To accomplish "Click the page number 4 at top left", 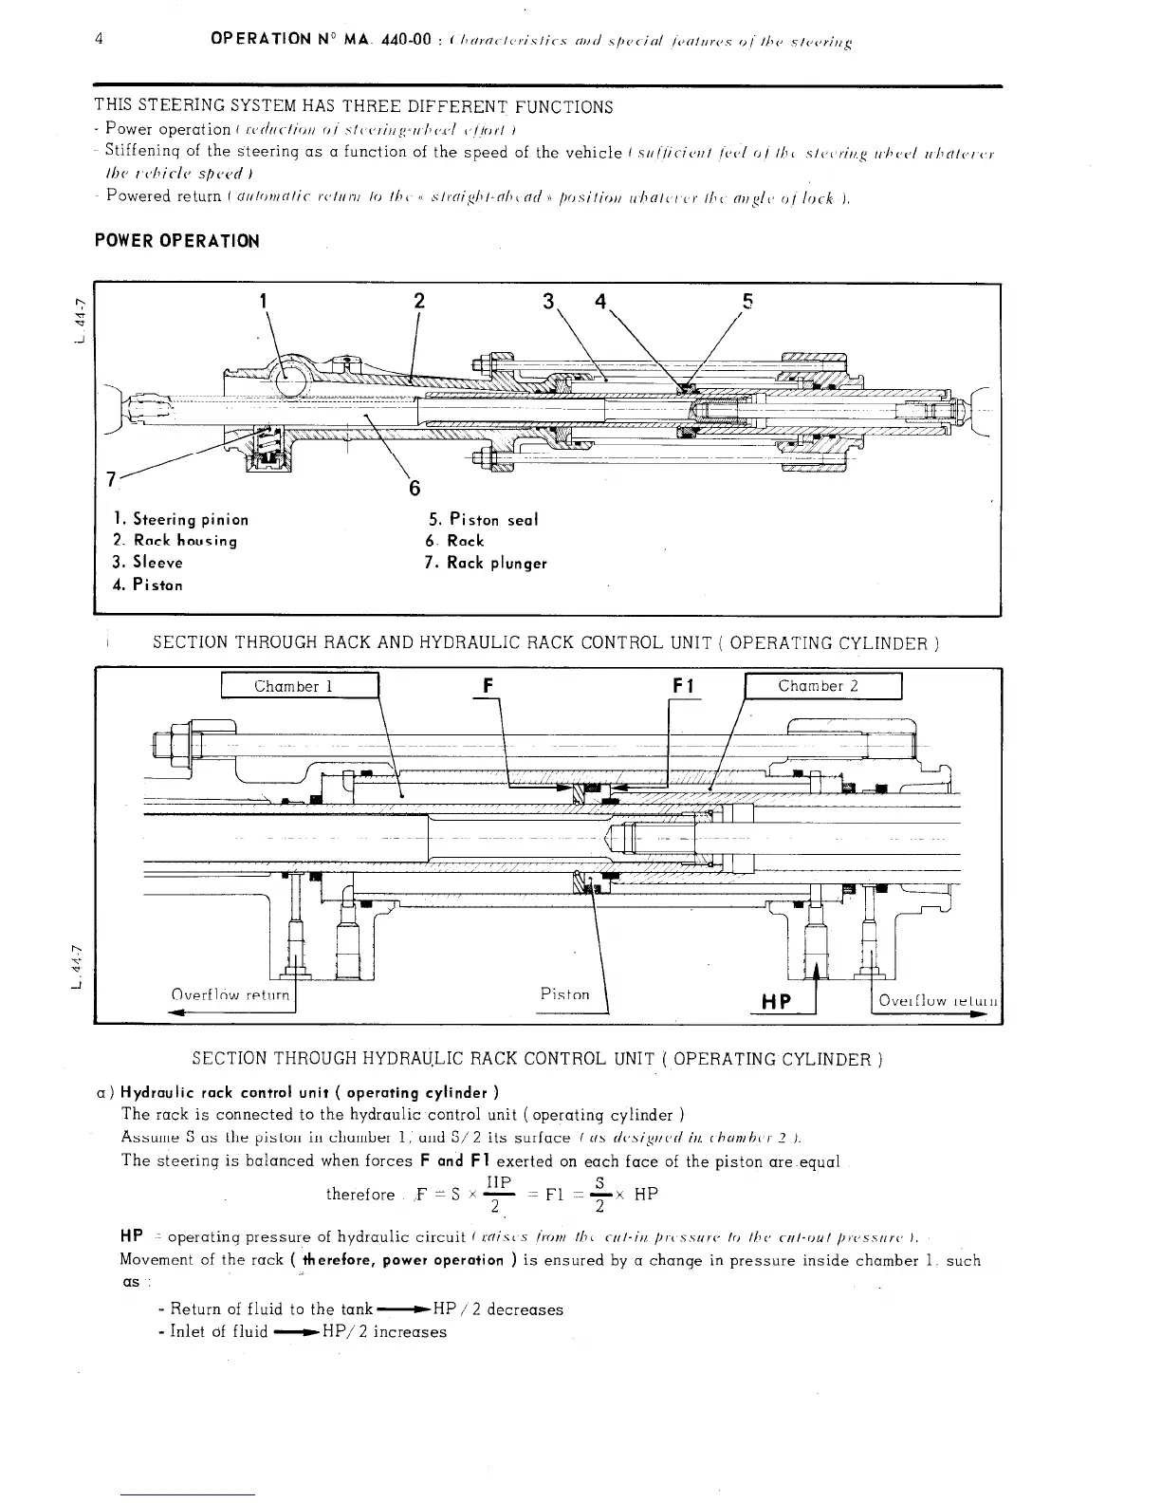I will point(100,40).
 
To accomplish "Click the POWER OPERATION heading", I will point(176,241).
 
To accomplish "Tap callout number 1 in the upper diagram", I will point(263,303).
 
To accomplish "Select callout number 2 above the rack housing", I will point(418,303).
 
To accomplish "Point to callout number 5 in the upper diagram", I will point(747,303).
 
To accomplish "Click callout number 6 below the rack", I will point(414,489).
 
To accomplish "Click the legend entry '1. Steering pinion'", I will point(180,519).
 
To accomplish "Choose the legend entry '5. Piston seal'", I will point(483,519).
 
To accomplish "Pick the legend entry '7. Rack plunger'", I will point(487,563).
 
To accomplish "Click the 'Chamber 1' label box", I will point(299,686).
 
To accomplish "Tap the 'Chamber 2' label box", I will point(822,686).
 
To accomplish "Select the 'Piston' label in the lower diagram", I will point(564,994).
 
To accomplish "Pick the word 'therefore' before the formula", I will point(359,1194).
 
